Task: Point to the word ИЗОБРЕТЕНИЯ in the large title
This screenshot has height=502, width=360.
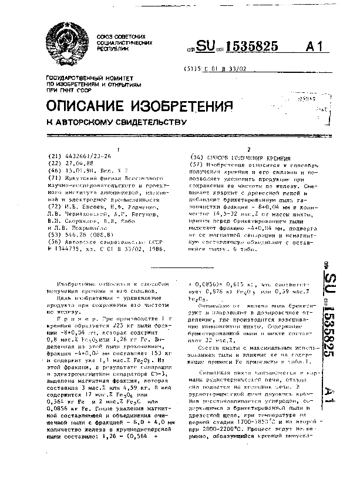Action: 180,105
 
